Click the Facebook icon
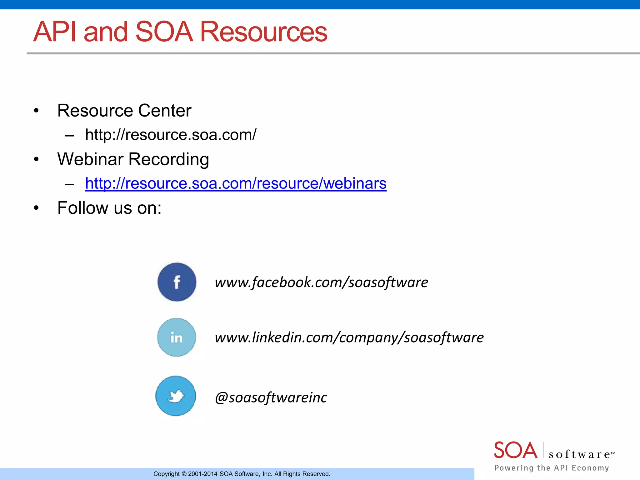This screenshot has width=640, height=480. pos(177,282)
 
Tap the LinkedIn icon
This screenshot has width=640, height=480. pos(177,337)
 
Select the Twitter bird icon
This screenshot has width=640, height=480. pos(176,396)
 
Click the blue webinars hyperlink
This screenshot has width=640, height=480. pos(236,183)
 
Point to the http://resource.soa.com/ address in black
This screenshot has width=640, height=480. pos(171,135)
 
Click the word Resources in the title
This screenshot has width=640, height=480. pos(263,32)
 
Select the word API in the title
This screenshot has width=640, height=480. pos(55,32)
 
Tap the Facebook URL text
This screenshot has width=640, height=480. pos(321,282)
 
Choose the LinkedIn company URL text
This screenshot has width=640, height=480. pos(349,337)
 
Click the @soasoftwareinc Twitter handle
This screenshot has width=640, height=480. pos(271,397)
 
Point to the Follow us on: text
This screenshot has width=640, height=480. pos(109,208)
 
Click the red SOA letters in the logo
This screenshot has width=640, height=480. pos(515,450)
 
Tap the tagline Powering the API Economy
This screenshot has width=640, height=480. pos(552,468)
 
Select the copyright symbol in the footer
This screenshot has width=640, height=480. pos(184,474)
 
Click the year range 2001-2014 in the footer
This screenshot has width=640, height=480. pos(202,474)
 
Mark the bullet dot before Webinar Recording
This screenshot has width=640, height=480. pos(37,159)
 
